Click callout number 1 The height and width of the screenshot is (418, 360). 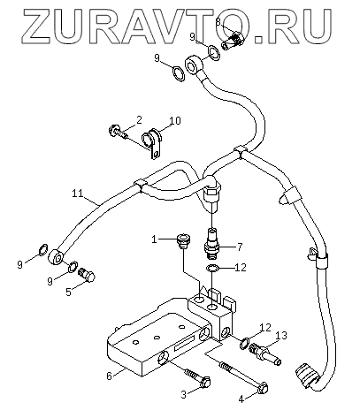pyautogui.click(x=154, y=239)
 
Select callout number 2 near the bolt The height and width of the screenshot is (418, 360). pyautogui.click(x=139, y=120)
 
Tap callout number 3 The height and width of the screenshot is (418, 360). pyautogui.click(x=184, y=394)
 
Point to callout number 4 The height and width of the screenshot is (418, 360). pyautogui.click(x=241, y=399)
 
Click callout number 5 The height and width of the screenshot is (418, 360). pyautogui.click(x=68, y=292)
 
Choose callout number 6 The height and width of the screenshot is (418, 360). pyautogui.click(x=110, y=376)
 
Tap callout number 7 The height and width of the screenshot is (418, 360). pyautogui.click(x=240, y=247)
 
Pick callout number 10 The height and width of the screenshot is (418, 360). pyautogui.click(x=175, y=121)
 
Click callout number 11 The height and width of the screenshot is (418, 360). pyautogui.click(x=77, y=194)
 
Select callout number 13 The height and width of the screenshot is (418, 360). pyautogui.click(x=281, y=335)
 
